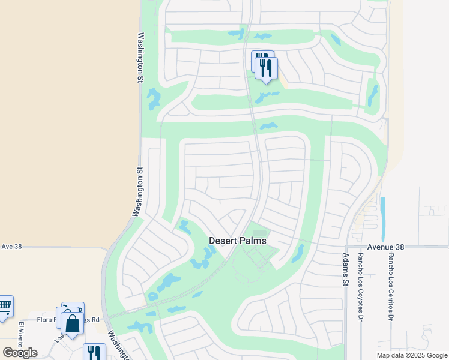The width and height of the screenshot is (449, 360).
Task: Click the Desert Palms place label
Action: pyautogui.click(x=237, y=240)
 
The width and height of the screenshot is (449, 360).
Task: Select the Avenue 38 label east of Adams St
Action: pyautogui.click(x=387, y=247)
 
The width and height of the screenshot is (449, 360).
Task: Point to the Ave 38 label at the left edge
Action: pyautogui.click(x=11, y=246)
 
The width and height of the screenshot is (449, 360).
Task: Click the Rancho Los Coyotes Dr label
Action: pyautogui.click(x=361, y=285)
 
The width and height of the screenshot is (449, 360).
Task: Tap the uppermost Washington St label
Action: pyautogui.click(x=142, y=57)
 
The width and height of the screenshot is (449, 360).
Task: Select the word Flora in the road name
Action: pyautogui.click(x=46, y=320)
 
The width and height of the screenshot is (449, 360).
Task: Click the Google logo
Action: pyautogui.click(x=20, y=353)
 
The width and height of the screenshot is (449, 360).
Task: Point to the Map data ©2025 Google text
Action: pyautogui.click(x=411, y=355)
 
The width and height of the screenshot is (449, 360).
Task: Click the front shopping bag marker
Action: pyautogui.click(x=72, y=324)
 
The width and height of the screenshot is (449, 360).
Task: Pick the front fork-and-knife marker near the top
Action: pyautogui.click(x=266, y=67)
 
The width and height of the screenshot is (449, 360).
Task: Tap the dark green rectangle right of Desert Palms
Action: pyautogui.click(x=259, y=233)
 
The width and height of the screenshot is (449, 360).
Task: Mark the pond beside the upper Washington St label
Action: pyautogui.click(x=154, y=99)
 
